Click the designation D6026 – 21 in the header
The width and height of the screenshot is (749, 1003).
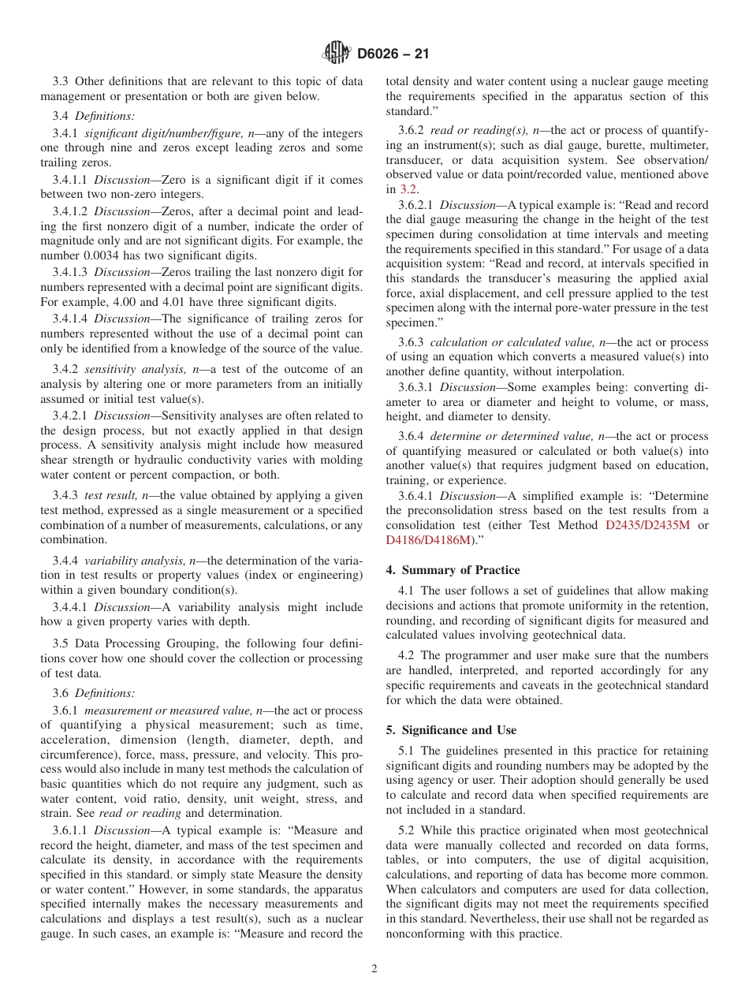[x=393, y=54]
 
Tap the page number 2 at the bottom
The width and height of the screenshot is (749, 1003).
[x=374, y=969]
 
